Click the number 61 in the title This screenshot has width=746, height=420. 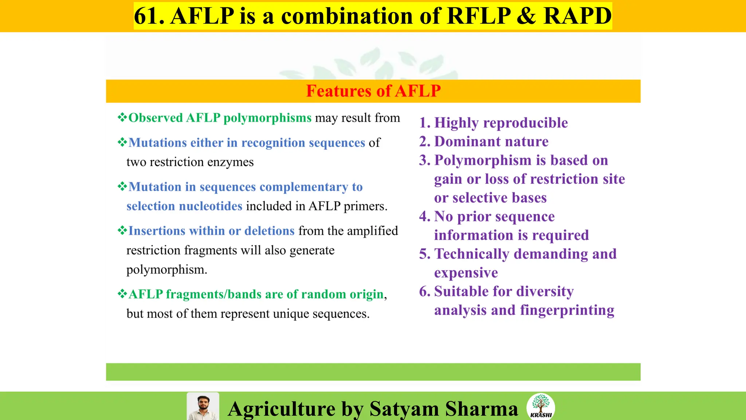click(147, 16)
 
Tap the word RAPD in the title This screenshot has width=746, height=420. click(577, 16)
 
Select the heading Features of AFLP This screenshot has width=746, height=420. click(373, 91)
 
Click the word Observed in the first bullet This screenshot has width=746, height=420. click(156, 118)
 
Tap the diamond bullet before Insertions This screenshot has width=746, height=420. click(122, 230)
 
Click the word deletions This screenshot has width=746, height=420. click(269, 231)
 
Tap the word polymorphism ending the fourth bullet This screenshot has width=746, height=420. click(166, 270)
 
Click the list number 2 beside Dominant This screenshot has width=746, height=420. click(424, 141)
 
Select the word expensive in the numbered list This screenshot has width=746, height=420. click(466, 273)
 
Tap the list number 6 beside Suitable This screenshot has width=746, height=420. click(424, 291)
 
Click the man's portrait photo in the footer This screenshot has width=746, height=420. click(203, 407)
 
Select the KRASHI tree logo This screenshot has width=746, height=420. click(541, 406)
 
